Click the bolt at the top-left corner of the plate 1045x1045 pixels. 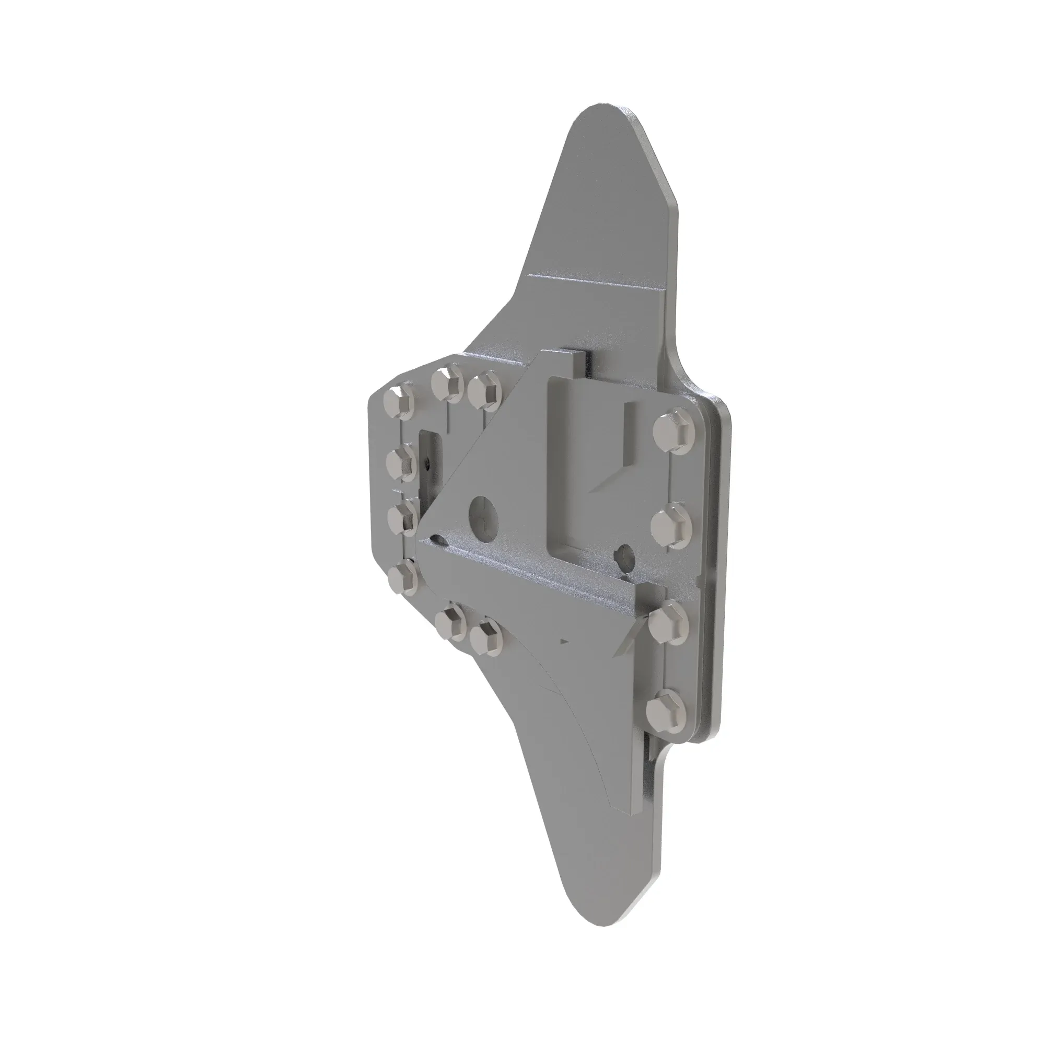point(399,402)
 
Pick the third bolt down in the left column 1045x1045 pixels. point(403,517)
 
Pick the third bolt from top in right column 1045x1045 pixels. point(669,628)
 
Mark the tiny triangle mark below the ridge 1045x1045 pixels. point(565,641)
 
